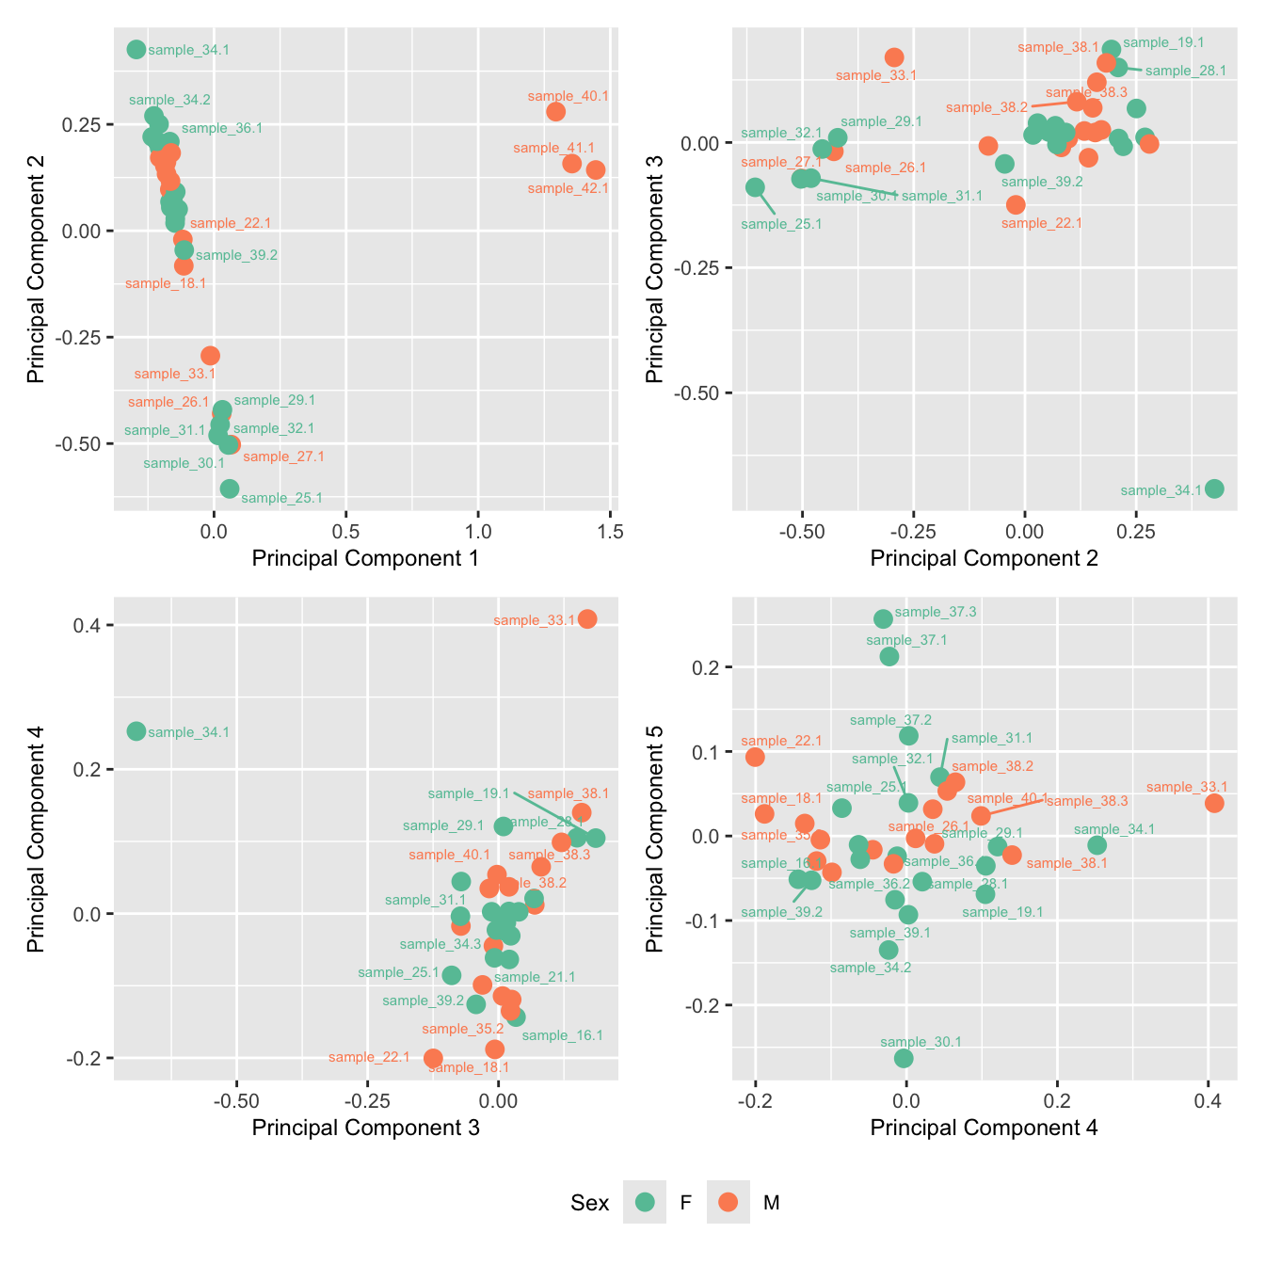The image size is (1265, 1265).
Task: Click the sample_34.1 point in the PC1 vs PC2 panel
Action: coord(136,50)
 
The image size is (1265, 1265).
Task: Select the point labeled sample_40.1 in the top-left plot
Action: coord(556,112)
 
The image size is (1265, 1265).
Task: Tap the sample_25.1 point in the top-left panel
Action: coord(230,488)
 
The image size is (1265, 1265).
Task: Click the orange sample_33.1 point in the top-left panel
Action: coord(210,356)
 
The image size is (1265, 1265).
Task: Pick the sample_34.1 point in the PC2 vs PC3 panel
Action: coord(1214,488)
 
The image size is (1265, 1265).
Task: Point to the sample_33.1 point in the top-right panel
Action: coord(894,57)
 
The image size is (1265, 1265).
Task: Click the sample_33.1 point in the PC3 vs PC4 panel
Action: coord(587,618)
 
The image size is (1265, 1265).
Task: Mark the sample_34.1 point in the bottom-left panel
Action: coord(136,731)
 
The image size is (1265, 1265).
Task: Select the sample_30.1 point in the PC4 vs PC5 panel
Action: coord(904,1058)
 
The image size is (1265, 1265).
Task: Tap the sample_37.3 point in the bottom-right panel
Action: coord(883,618)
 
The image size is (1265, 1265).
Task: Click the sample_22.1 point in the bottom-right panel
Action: coord(755,757)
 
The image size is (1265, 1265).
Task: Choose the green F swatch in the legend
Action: coord(645,1202)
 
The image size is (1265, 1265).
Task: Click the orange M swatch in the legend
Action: coord(728,1202)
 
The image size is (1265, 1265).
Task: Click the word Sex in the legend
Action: coord(589,1203)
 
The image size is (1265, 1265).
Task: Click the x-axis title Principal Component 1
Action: coord(365,558)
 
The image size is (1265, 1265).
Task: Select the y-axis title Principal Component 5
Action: coord(654,839)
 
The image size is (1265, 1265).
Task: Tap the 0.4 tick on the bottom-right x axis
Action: coord(1208,1101)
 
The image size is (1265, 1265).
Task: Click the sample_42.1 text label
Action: coord(568,188)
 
